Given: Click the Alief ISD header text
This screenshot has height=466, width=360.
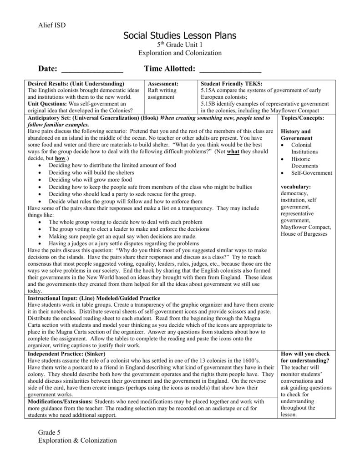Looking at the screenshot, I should click(x=52, y=25).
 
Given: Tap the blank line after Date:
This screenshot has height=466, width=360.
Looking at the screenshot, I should click(x=92, y=70).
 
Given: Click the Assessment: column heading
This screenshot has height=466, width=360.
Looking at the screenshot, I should click(x=163, y=84).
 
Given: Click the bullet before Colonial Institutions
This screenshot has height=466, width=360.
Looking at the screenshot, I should click(x=283, y=145).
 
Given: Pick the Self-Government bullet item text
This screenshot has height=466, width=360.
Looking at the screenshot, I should click(x=312, y=173).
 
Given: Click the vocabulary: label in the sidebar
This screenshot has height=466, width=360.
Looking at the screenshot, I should click(x=296, y=187).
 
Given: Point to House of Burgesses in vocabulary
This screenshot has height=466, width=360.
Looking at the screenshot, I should click(x=304, y=234).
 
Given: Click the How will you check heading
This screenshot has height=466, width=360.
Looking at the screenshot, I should click(x=305, y=354).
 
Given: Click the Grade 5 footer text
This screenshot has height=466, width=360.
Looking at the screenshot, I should click(x=50, y=432).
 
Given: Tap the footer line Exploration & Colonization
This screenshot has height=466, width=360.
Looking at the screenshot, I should click(x=77, y=440).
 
